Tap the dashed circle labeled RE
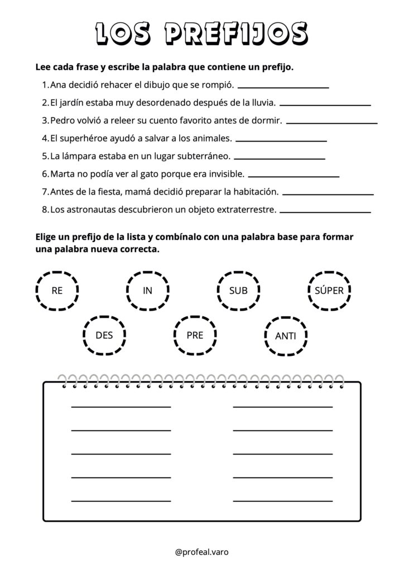pos(57,291)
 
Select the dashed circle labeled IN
pos(147,291)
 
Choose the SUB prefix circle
pos(238,291)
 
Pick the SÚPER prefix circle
pos(329,291)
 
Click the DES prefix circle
pos(104,335)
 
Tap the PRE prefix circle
pos(195,335)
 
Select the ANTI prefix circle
pos(286,336)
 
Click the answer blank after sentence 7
pos(328,195)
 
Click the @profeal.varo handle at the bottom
pos(201,552)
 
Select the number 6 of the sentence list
pos(45,175)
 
